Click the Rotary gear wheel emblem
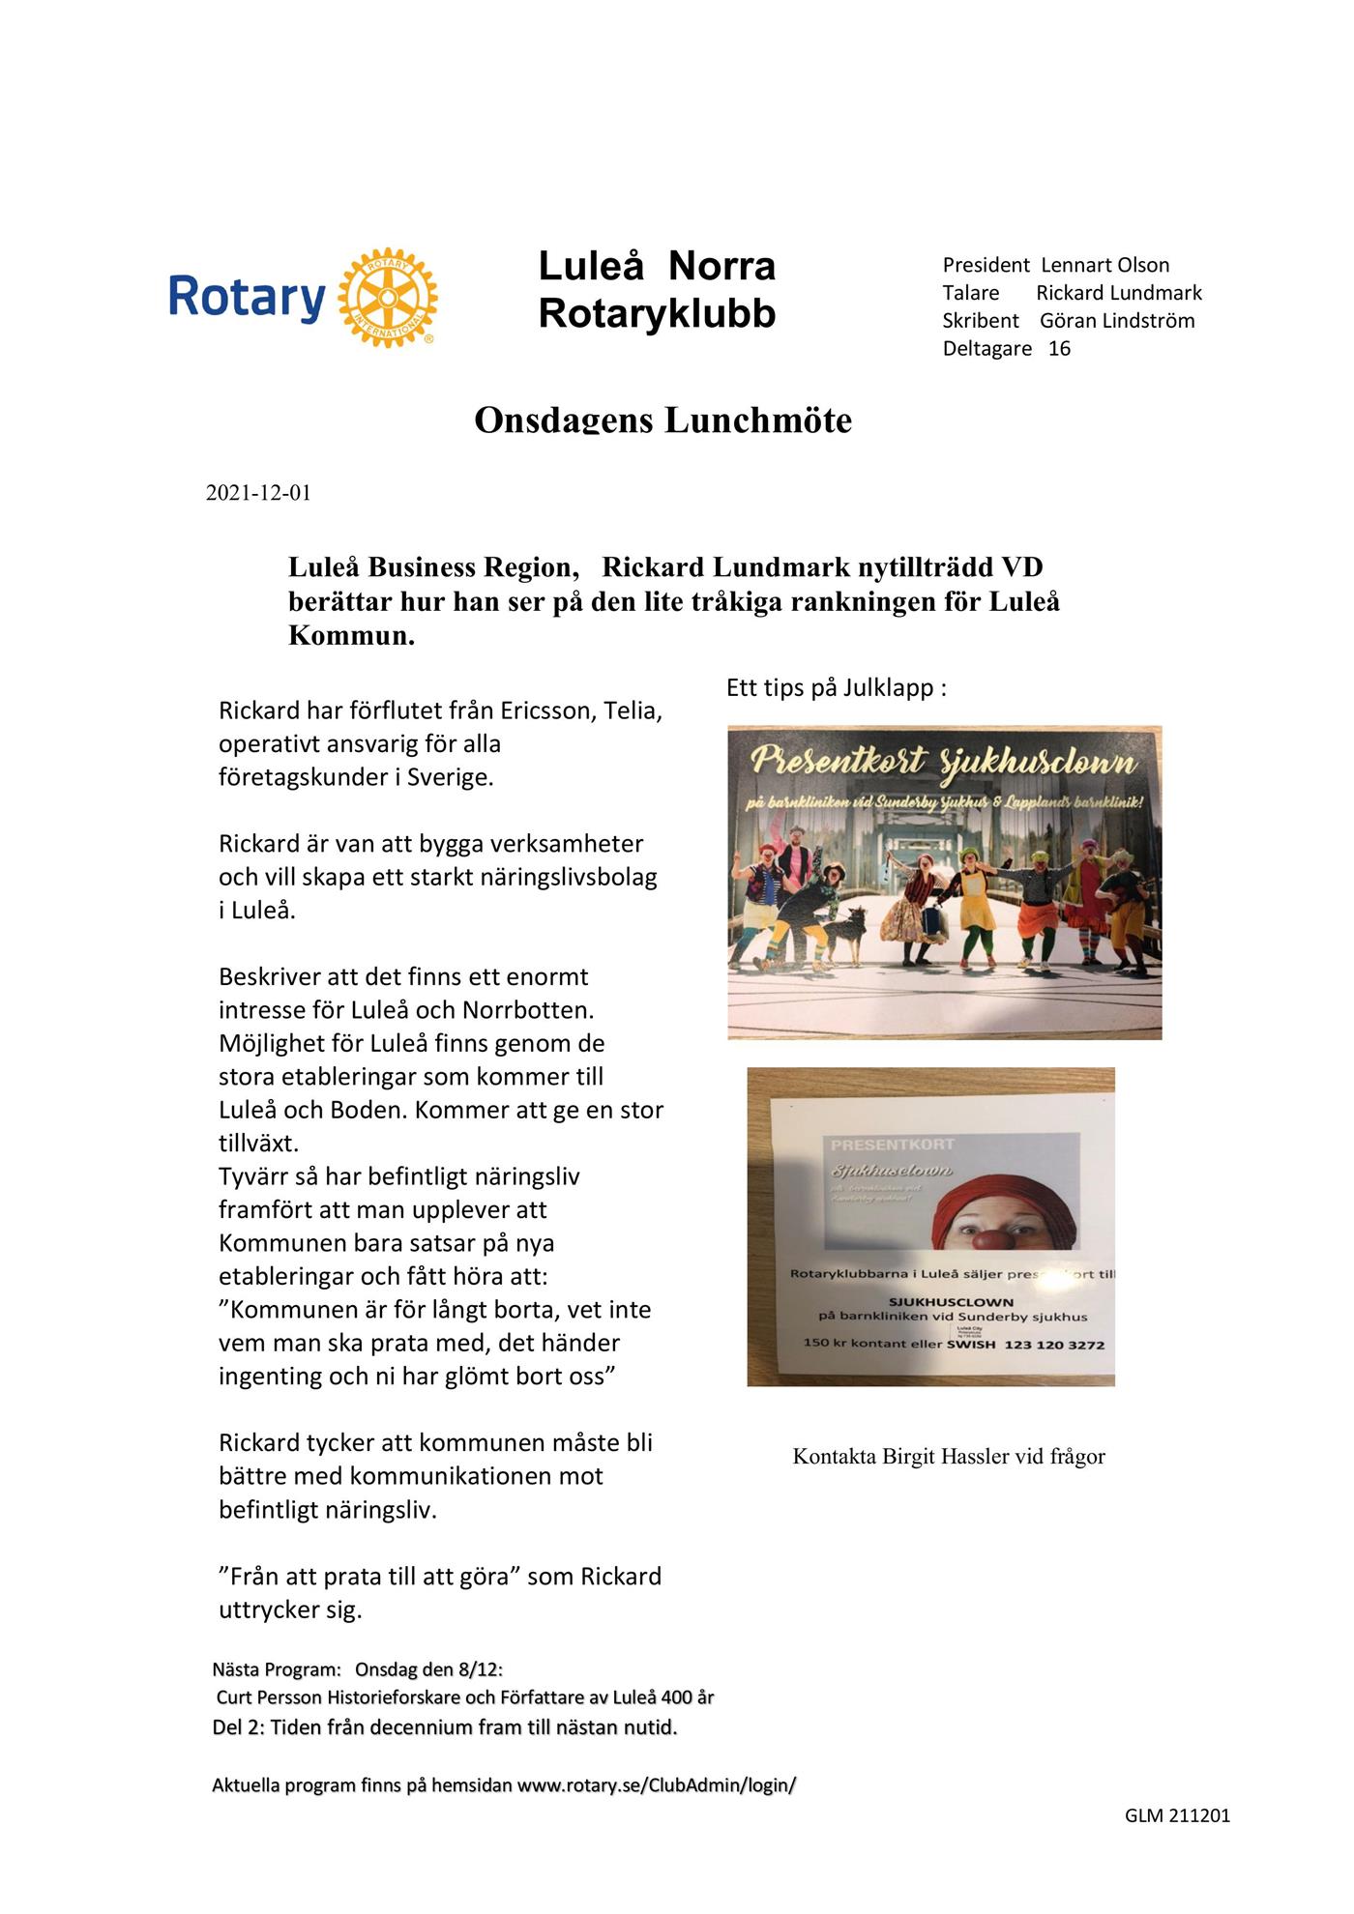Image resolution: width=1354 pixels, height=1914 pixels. [387, 297]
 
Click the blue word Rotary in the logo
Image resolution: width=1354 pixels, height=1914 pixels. [247, 297]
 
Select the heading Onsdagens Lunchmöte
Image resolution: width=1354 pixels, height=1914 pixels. [662, 420]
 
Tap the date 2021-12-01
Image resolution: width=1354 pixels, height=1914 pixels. [258, 493]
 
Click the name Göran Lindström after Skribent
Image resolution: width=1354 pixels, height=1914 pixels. [1117, 321]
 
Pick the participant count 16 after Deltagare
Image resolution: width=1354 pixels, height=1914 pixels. [1059, 349]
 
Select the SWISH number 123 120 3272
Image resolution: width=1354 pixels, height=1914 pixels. [1054, 1345]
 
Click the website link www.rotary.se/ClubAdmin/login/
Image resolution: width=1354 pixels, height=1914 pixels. [657, 1785]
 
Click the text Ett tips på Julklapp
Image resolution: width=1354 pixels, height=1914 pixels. [836, 688]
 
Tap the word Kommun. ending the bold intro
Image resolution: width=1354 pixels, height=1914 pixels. [351, 636]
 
